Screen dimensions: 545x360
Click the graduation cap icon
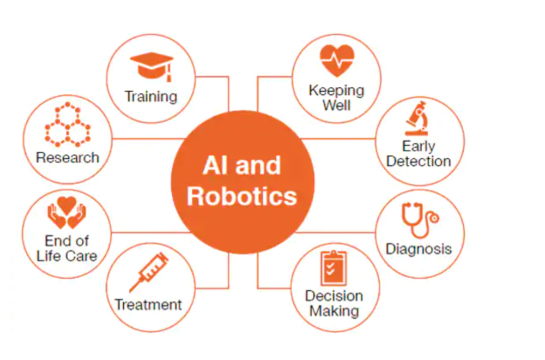152,67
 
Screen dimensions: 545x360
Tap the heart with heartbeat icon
337,61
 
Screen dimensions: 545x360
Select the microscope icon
417,118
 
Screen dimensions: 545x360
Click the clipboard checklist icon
334,268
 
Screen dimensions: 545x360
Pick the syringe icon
149,272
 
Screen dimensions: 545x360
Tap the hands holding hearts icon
66,213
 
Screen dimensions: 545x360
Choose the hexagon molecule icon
68,124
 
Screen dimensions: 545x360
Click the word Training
151,97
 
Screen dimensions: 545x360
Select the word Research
68,158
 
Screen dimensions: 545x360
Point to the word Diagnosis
419,249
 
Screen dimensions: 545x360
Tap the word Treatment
148,305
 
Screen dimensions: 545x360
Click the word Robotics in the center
242,196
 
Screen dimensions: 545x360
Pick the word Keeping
336,91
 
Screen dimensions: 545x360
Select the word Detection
419,161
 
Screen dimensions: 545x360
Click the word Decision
334,296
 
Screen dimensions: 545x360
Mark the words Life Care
66,256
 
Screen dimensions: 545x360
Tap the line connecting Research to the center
148,139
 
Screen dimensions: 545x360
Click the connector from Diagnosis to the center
335,232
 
